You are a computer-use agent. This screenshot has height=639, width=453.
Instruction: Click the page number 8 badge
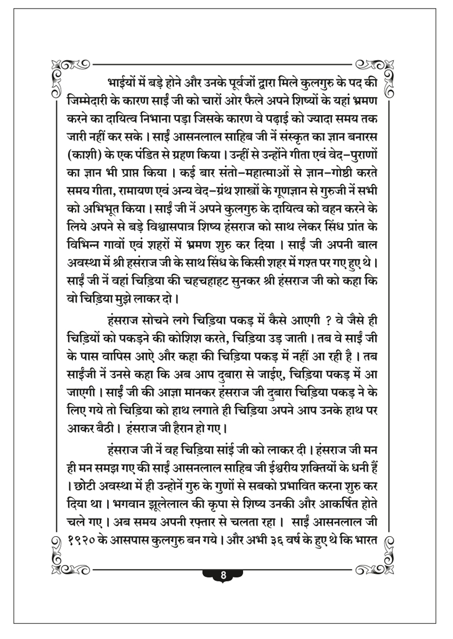pos(223,575)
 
